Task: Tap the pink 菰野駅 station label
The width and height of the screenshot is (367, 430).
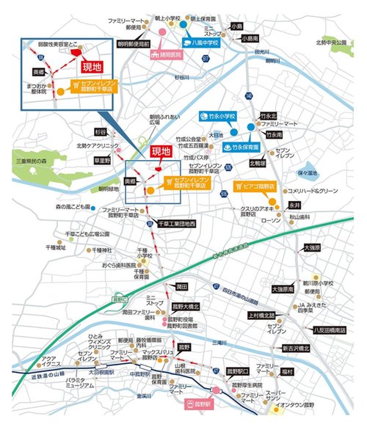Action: (197, 403)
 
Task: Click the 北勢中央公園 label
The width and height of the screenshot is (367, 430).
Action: (331, 42)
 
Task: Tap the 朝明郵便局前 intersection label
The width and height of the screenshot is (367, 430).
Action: (134, 44)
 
